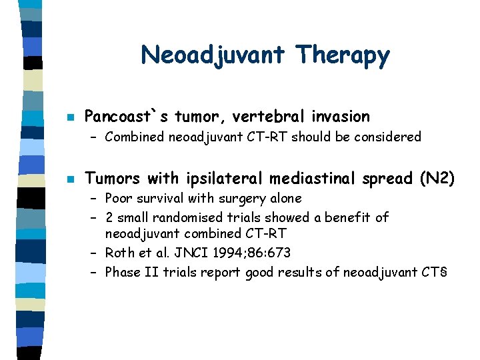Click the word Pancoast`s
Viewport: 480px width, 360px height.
coord(127,117)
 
